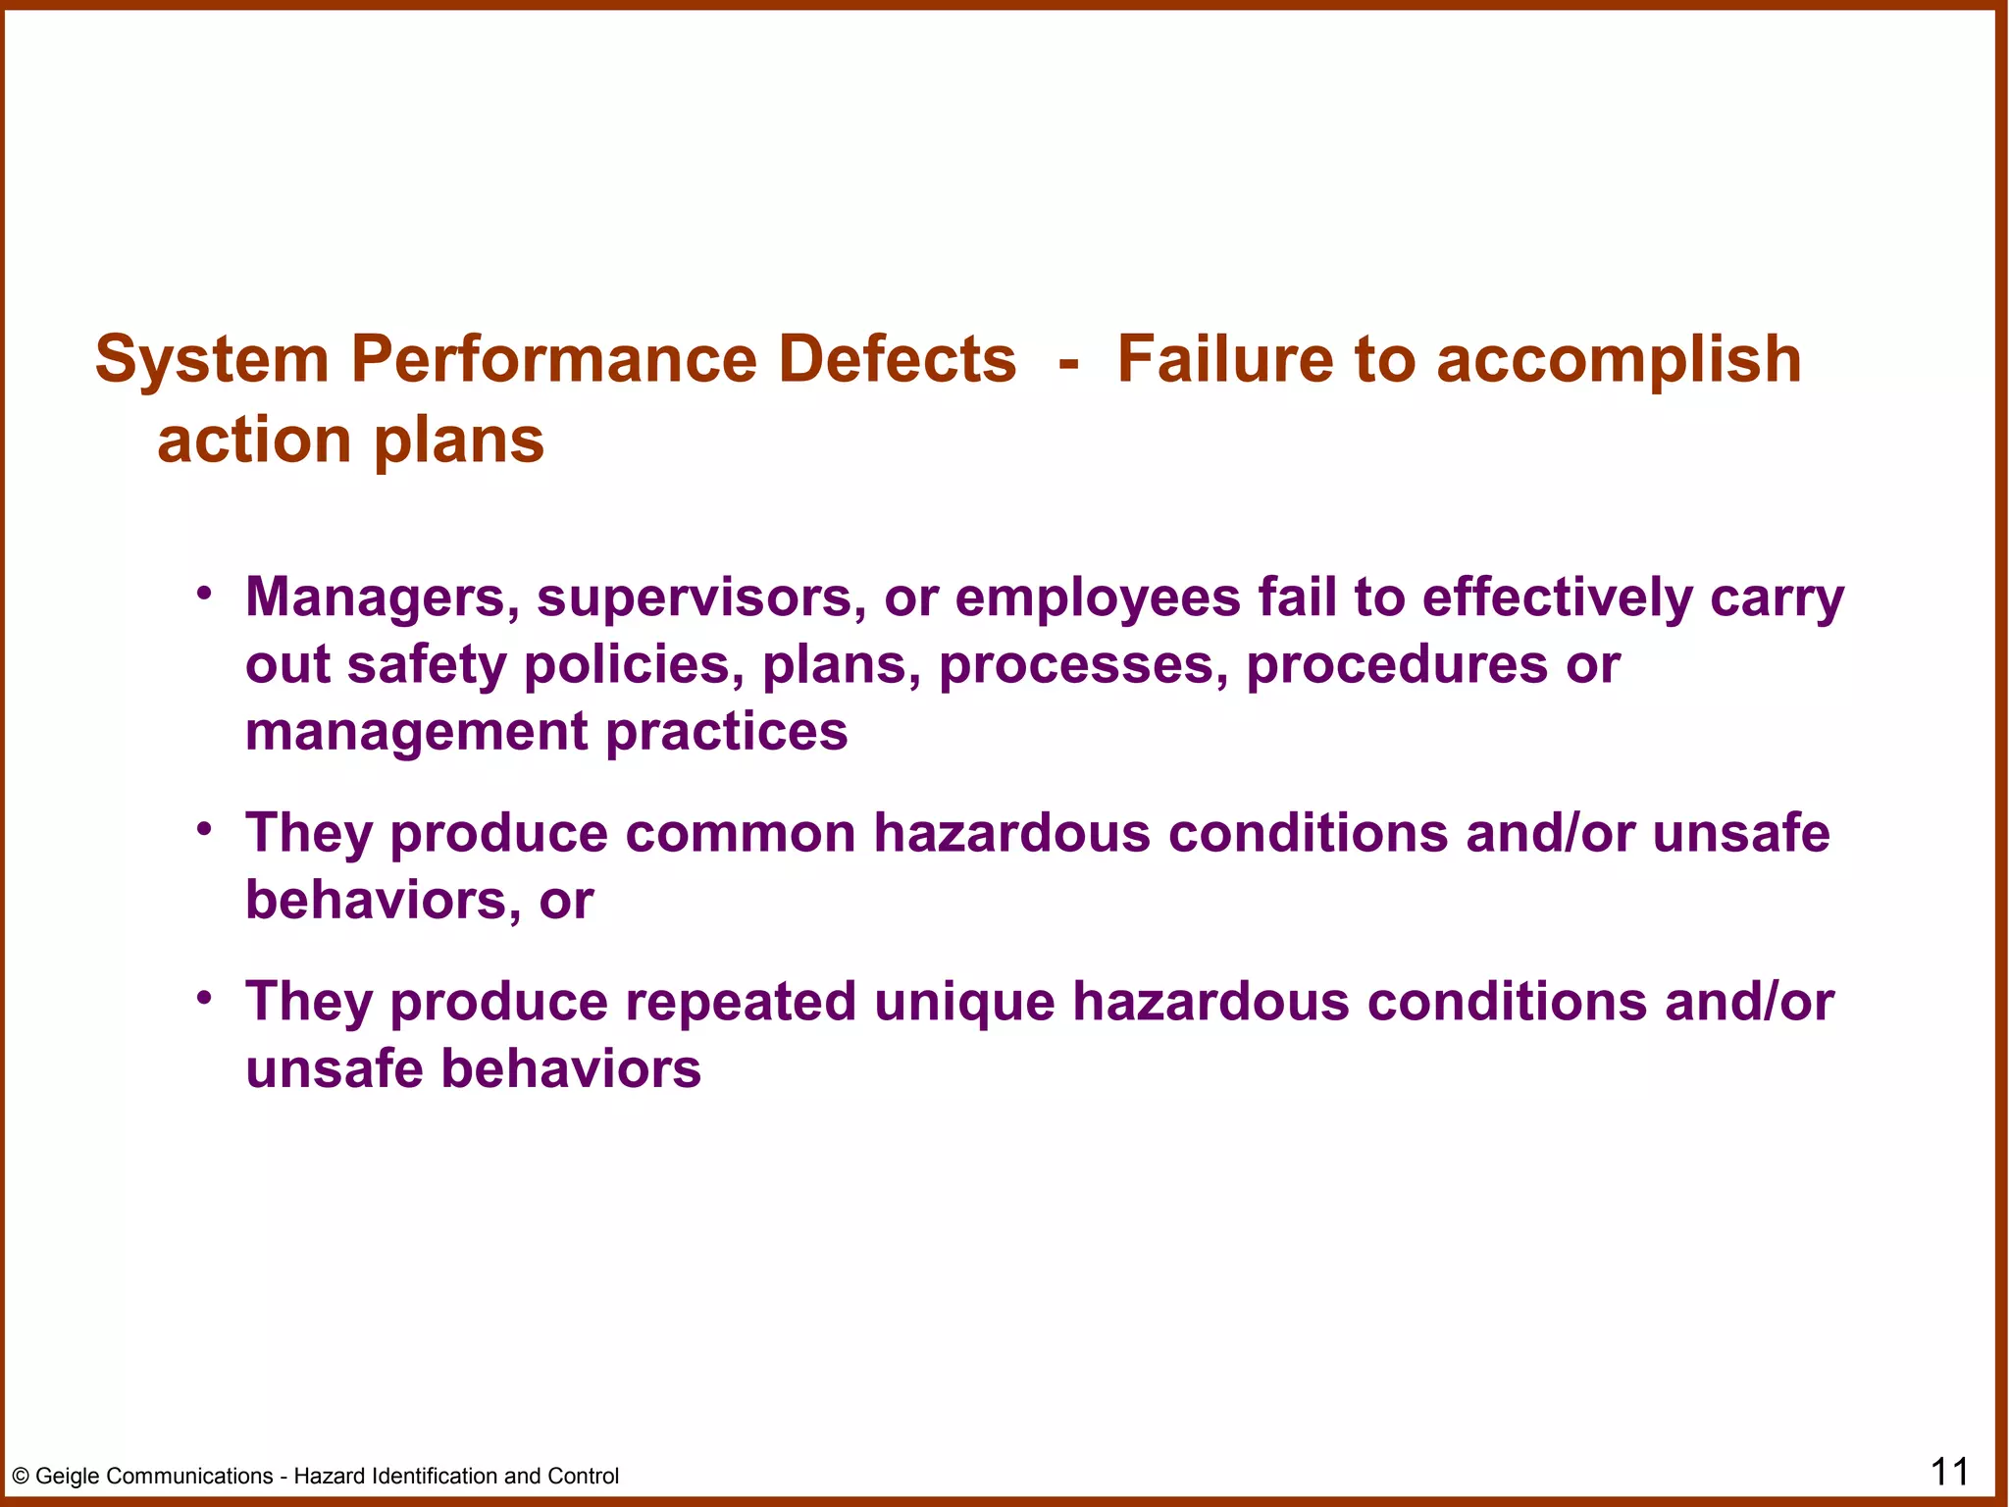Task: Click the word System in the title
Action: tap(212, 360)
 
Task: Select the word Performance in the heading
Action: tap(554, 360)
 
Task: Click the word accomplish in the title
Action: tap(1619, 360)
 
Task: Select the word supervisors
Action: tap(701, 598)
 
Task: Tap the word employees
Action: tap(1098, 598)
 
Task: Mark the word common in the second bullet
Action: tap(741, 834)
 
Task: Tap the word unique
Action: tap(964, 1003)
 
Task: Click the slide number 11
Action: tap(1949, 1472)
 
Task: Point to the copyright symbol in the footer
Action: tap(21, 1477)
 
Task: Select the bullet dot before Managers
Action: tap(204, 593)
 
